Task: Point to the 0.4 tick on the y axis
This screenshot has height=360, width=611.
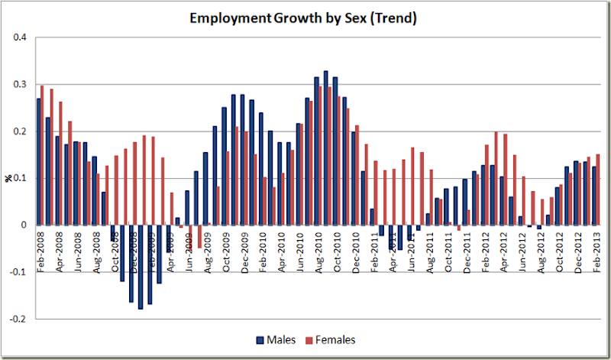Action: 20,37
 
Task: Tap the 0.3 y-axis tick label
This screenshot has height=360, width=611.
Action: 20,84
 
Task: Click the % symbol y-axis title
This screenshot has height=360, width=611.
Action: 10,178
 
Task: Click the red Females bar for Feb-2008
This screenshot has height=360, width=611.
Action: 43,155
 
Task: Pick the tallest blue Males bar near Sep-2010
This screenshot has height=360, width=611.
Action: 326,148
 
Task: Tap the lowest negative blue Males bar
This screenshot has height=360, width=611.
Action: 141,267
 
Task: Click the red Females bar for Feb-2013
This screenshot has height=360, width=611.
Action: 598,190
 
